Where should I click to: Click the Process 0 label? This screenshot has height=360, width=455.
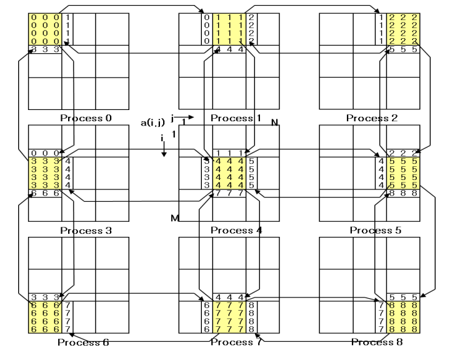pos(85,117)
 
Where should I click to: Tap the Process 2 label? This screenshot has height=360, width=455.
pos(374,117)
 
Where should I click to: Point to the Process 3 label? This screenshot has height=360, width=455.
pos(85,231)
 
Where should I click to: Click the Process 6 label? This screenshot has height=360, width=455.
pos(82,342)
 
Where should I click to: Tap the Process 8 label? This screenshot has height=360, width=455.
pos(375,342)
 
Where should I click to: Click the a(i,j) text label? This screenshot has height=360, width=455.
pos(152,123)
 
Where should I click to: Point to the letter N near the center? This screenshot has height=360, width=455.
pos(274,121)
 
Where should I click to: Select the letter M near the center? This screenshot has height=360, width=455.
pos(174,217)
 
